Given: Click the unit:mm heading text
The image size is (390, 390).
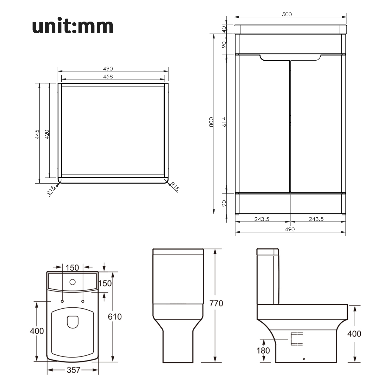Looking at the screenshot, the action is pos(73,26).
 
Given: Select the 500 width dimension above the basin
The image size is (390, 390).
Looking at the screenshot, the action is pos(287,14).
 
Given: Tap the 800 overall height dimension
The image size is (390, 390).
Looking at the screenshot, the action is pos(211,122).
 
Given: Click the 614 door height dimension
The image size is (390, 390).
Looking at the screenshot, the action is pos(224,122).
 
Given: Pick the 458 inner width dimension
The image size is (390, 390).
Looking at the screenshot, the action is pos(108,76).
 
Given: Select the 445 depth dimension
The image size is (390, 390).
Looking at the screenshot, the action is pos(37,134).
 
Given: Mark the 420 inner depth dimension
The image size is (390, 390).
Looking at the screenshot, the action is pos(47,134).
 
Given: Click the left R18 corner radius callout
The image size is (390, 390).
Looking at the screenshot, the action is pos(51,190).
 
